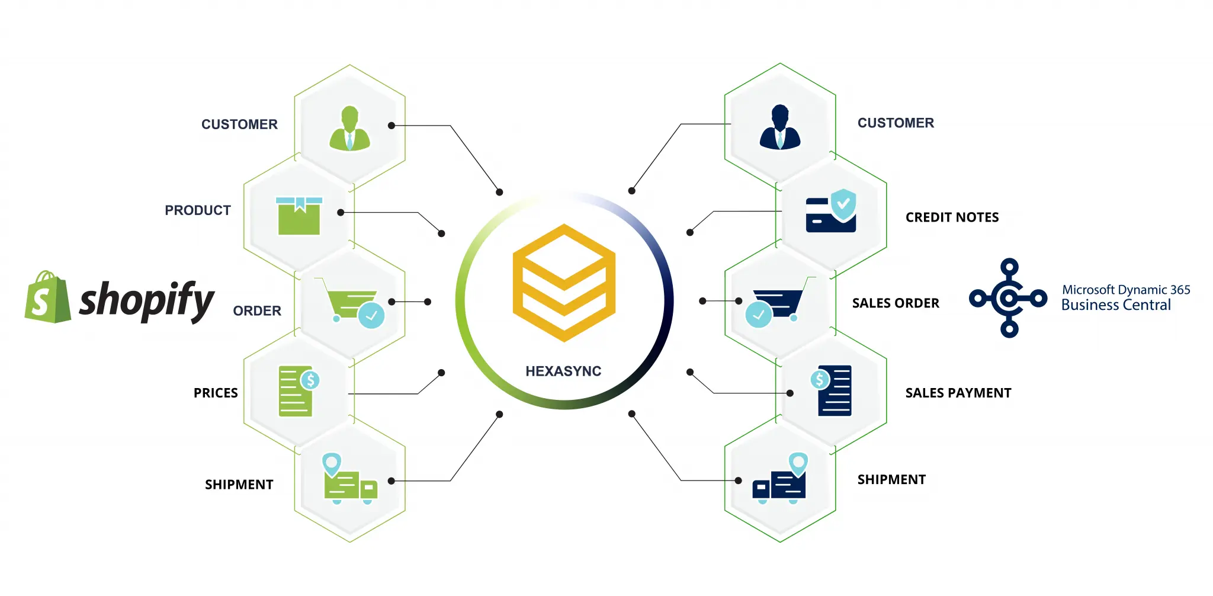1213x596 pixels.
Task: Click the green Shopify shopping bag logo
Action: coord(47,298)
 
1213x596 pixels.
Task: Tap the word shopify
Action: coord(146,300)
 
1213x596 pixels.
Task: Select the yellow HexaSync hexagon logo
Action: coord(564,283)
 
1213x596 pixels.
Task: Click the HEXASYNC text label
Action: coord(563,371)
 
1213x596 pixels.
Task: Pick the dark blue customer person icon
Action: coord(779,127)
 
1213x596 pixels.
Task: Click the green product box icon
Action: coord(299,216)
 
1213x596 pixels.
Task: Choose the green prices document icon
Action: coord(298,391)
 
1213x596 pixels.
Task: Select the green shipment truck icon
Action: coord(350,480)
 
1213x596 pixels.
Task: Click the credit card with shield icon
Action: coord(831,212)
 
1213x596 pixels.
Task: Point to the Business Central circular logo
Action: coord(1008,298)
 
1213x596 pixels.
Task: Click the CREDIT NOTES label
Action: coord(952,217)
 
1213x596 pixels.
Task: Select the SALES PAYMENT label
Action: coord(958,393)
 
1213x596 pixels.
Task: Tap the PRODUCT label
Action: coord(198,210)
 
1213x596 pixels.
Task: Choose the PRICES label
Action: coord(216,393)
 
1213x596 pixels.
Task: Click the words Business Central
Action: coord(1116,305)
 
